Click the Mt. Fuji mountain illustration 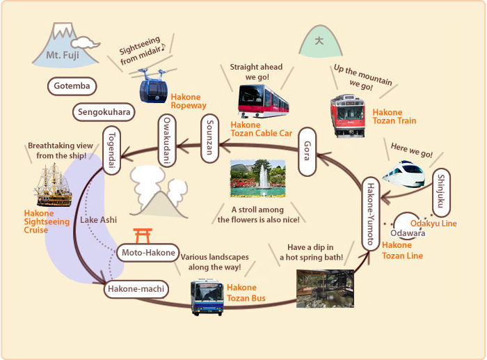click(x=61, y=45)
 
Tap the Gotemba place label click(x=72, y=86)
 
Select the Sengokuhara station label click(x=104, y=111)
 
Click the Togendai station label click(x=112, y=145)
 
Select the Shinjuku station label click(x=440, y=193)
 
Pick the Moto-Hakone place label click(x=147, y=253)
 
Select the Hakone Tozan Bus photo click(x=207, y=297)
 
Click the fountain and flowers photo click(x=257, y=178)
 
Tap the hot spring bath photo click(x=324, y=288)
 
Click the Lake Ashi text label click(x=98, y=220)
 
